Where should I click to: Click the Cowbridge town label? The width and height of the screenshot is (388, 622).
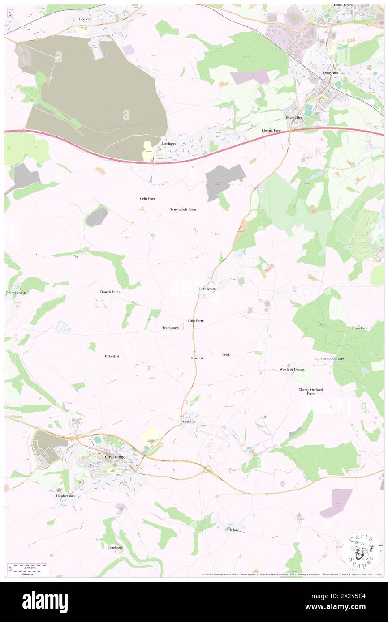coord(114,456)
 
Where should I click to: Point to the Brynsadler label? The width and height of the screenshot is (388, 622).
coord(294,117)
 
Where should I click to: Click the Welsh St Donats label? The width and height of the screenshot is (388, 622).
coord(292,369)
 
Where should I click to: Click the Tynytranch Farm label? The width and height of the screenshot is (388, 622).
coord(183,209)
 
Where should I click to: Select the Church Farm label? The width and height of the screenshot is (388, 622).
coord(110,292)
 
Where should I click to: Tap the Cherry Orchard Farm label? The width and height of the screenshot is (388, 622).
coord(311,392)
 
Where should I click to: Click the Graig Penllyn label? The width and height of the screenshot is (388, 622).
coord(16,292)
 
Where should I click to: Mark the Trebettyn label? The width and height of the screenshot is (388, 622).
coord(111,356)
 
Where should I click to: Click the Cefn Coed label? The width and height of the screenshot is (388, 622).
coord(148,198)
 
